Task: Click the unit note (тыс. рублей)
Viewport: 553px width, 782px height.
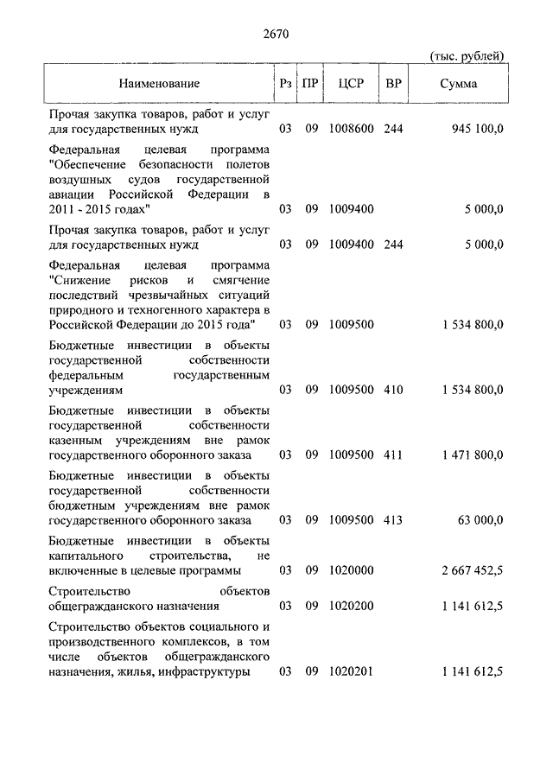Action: [x=467, y=56]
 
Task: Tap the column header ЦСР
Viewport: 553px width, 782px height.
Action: [x=350, y=84]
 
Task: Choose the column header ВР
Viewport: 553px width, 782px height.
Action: [x=393, y=84]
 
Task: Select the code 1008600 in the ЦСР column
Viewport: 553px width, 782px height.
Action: [x=351, y=130]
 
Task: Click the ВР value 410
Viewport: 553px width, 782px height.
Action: [x=393, y=390]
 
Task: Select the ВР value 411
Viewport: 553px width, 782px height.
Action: [x=393, y=455]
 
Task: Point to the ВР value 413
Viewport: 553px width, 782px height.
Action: [x=393, y=520]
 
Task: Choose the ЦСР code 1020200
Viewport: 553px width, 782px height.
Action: [x=351, y=606]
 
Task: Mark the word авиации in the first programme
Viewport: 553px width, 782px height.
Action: [x=72, y=194]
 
